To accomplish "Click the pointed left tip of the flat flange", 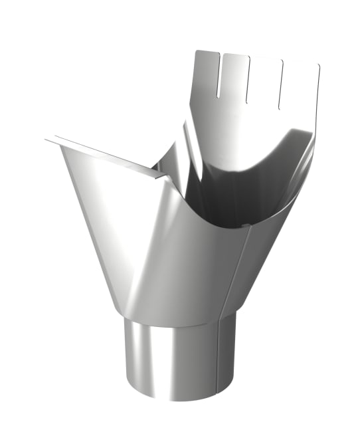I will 46,140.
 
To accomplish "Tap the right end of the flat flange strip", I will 162,176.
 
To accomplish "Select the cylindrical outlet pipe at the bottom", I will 179,352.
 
